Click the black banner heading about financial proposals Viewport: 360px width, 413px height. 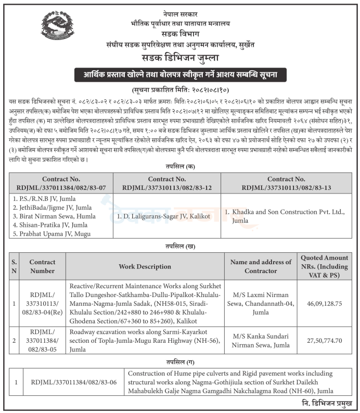180,74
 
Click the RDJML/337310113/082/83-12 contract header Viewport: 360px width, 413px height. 166,182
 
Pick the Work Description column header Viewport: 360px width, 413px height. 145,267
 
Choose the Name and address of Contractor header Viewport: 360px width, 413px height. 261,266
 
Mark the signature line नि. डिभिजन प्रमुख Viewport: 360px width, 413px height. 323,404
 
